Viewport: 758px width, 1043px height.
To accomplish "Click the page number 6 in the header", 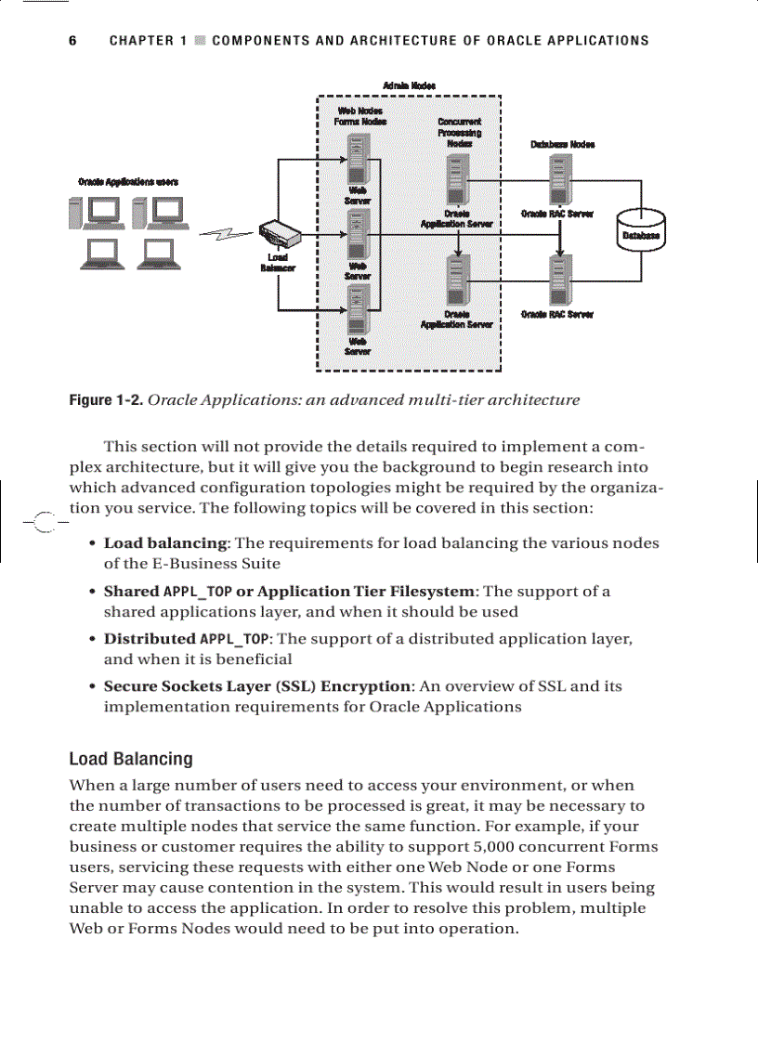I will click(x=72, y=41).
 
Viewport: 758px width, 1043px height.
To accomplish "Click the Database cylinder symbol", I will click(x=641, y=228).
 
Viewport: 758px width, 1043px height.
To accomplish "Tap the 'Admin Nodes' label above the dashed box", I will click(x=410, y=85).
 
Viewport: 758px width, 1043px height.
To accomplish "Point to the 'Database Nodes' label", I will click(x=562, y=144).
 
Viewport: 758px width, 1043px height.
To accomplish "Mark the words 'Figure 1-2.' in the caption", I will click(x=106, y=400).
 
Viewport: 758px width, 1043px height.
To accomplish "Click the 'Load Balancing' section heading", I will click(x=131, y=759).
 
